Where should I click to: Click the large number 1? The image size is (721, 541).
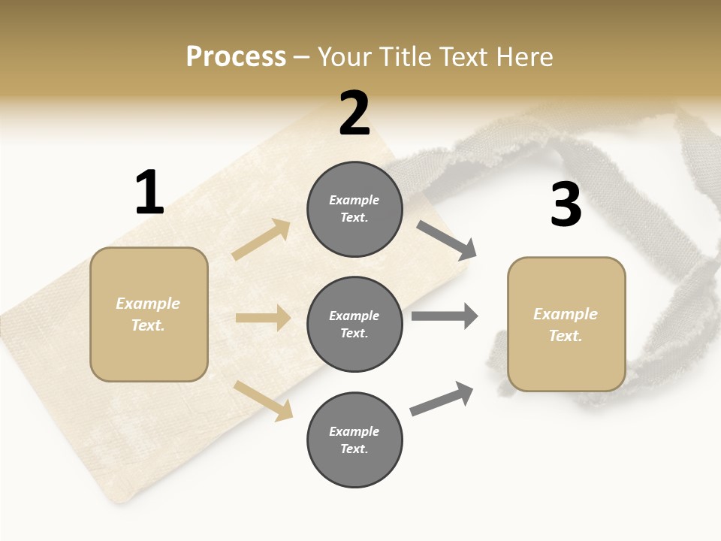tap(149, 193)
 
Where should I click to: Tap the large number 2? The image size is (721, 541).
tap(354, 114)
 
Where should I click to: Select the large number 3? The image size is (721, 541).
tap(566, 205)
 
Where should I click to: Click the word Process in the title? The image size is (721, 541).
tap(236, 56)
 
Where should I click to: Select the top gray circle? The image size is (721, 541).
tap(354, 209)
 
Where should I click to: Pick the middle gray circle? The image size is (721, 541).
tap(354, 324)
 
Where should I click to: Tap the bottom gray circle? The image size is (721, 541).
tap(354, 440)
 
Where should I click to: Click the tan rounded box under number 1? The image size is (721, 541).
tap(149, 314)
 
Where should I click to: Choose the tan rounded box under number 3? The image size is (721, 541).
tap(566, 325)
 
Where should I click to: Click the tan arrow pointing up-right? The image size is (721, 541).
tap(261, 240)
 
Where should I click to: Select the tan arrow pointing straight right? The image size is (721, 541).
tap(263, 318)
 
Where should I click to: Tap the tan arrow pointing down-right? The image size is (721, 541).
tap(264, 400)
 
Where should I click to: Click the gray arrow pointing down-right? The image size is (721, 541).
tap(447, 240)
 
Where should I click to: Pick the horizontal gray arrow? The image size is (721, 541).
tap(445, 316)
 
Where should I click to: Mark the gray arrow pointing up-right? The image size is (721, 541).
tap(442, 399)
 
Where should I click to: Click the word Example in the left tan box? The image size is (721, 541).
tap(148, 304)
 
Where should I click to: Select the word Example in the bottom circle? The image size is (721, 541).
tap(354, 431)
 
